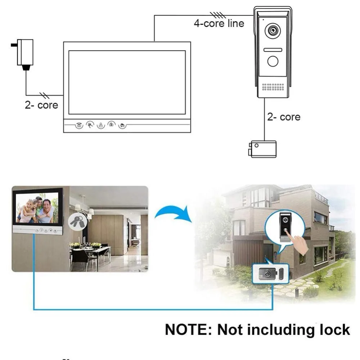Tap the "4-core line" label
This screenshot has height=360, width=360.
pyautogui.click(x=219, y=24)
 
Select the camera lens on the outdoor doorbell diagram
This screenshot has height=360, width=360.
pyautogui.click(x=272, y=31)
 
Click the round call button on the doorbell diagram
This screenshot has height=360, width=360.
pyautogui.click(x=273, y=61)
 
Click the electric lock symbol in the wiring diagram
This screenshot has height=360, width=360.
pyautogui.click(x=263, y=149)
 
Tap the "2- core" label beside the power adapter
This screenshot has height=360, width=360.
pyautogui.click(x=41, y=105)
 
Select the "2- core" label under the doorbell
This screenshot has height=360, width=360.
pyautogui.click(x=284, y=117)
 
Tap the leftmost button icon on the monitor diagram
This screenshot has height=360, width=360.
pyautogui.click(x=79, y=125)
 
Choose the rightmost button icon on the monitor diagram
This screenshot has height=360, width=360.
pyautogui.click(x=122, y=126)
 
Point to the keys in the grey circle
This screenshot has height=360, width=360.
pyautogui.click(x=77, y=220)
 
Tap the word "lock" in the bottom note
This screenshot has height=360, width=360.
pyautogui.click(x=334, y=330)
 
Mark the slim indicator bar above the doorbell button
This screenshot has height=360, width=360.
pyautogui.click(x=273, y=50)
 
